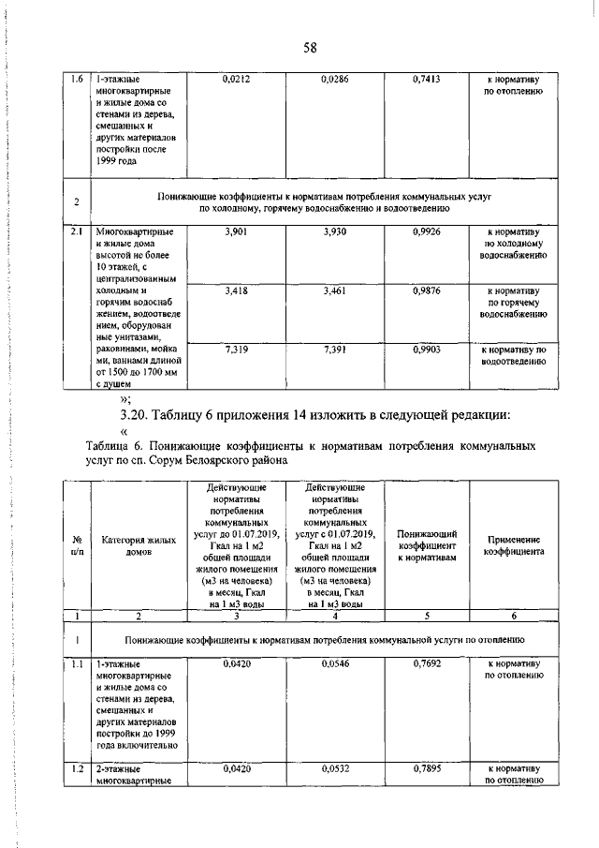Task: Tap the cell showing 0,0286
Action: click(334, 82)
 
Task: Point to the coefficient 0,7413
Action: click(426, 82)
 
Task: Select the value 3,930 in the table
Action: click(334, 231)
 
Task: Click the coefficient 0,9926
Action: click(426, 231)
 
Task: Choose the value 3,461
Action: click(334, 292)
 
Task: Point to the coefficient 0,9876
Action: click(426, 292)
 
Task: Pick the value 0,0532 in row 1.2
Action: click(334, 768)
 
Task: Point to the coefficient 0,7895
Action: click(426, 768)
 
